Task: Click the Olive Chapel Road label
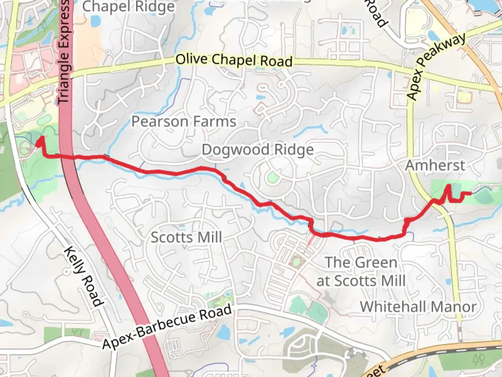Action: (234, 60)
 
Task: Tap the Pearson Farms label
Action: (184, 122)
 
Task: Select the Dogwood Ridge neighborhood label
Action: (258, 150)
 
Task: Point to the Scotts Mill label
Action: (186, 238)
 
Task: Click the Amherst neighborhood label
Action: (435, 165)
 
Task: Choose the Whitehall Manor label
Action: (418, 307)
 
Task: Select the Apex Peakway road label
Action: (435, 66)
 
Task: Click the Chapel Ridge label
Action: (128, 6)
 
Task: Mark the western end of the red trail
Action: (40, 139)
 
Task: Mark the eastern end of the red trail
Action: (471, 193)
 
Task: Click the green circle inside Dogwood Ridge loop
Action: (272, 178)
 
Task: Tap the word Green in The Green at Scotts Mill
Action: (378, 263)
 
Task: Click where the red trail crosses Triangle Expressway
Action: (68, 157)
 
